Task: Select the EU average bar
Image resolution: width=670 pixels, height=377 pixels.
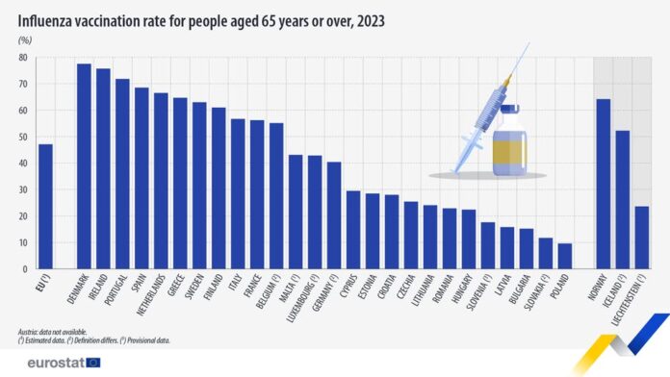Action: pyautogui.click(x=45, y=206)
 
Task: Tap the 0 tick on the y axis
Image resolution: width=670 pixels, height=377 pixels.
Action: pyautogui.click(x=26, y=268)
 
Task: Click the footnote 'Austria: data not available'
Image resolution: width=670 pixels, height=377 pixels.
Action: pyautogui.click(x=57, y=330)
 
